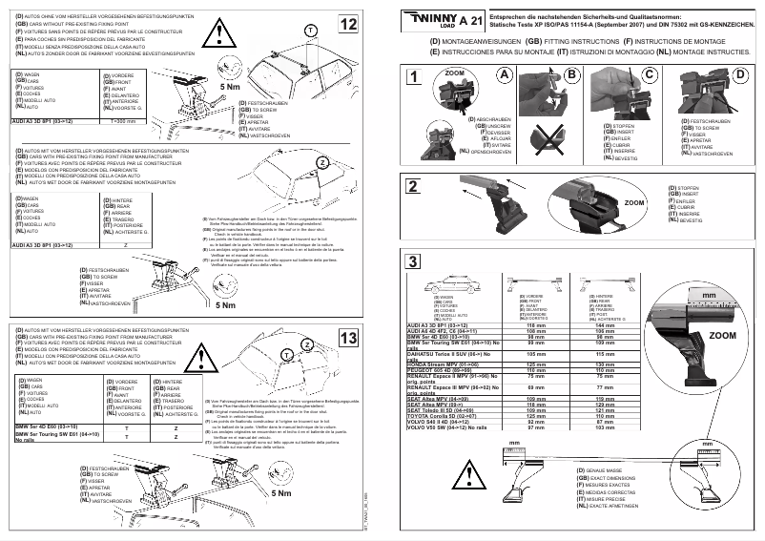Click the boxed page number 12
tap(349, 23)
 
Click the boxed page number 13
tap(349, 338)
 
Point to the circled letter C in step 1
tap(650, 75)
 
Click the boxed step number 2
tap(412, 186)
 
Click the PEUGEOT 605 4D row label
tap(439, 368)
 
